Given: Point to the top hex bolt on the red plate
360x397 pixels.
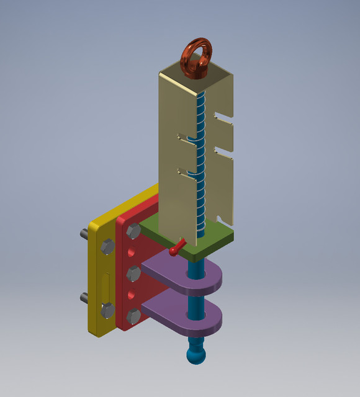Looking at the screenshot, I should (133, 231).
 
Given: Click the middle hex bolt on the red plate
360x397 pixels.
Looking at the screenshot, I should (133, 273).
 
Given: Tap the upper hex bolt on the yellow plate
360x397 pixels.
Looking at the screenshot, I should (107, 248).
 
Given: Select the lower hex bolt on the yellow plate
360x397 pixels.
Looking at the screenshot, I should (107, 310).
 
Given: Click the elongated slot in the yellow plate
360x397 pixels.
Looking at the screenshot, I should (106, 286).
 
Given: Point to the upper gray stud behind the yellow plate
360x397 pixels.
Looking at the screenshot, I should (84, 234).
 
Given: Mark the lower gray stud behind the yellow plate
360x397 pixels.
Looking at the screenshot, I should (84, 297).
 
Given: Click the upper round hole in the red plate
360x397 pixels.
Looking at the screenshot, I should (132, 253).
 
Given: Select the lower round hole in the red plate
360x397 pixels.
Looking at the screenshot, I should (132, 295).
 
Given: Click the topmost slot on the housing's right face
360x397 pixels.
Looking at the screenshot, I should (224, 115).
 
